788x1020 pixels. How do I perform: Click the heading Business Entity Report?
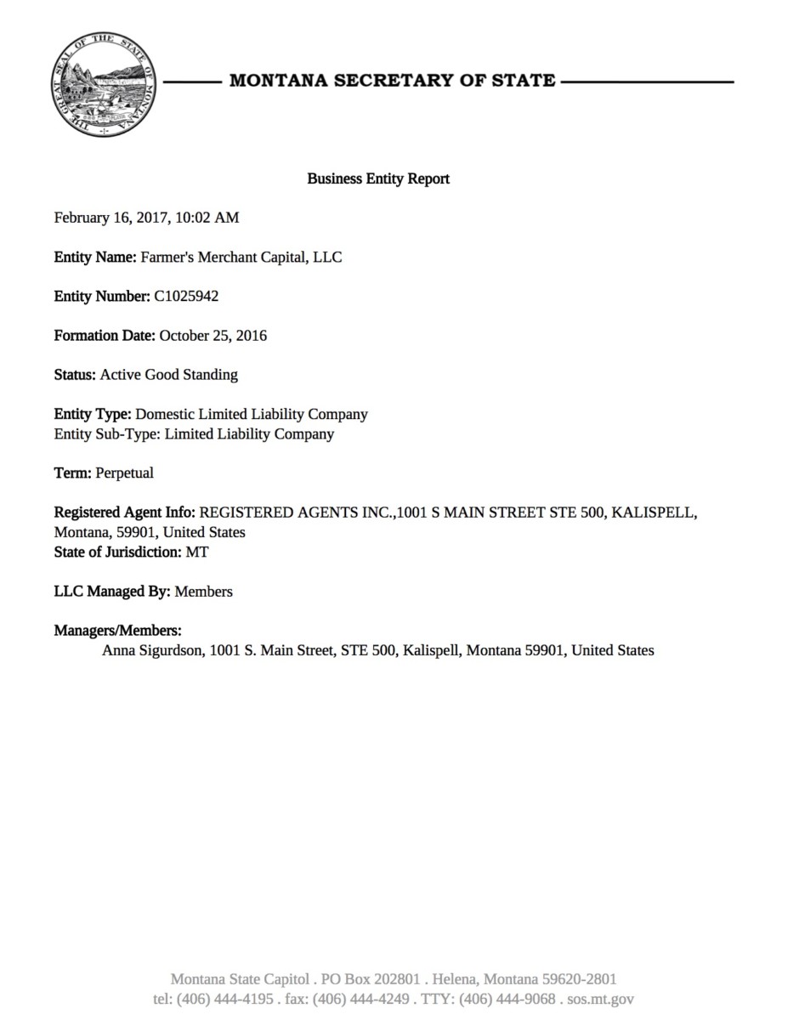378,178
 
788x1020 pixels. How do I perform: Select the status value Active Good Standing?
169,374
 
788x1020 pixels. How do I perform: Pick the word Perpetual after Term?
125,473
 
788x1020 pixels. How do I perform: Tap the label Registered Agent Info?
125,513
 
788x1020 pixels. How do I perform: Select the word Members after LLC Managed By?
204,592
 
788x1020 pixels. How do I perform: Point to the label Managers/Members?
118,631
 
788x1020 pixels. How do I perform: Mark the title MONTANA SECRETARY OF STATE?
392,82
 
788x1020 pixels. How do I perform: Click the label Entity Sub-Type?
108,433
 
